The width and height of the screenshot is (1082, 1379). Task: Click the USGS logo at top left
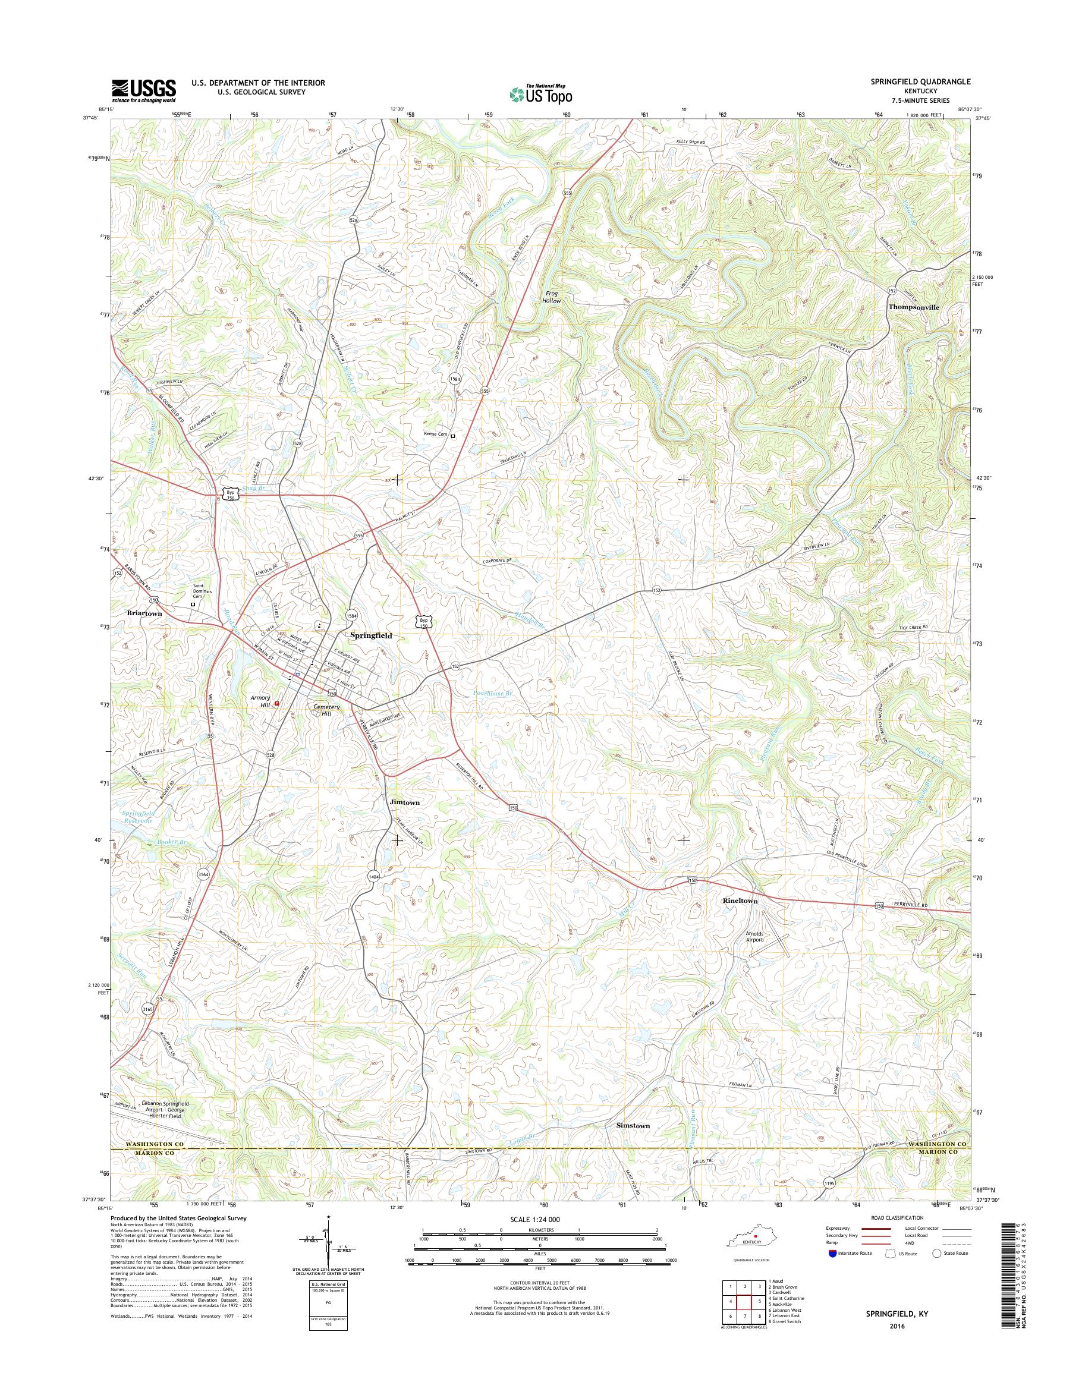(x=144, y=90)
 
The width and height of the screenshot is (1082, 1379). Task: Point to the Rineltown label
(x=740, y=900)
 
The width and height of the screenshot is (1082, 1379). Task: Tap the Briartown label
(x=144, y=613)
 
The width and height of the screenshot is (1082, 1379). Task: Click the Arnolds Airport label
(x=763, y=936)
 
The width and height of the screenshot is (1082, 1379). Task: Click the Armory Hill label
(x=260, y=701)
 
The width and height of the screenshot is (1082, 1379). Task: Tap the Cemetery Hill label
(x=327, y=710)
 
